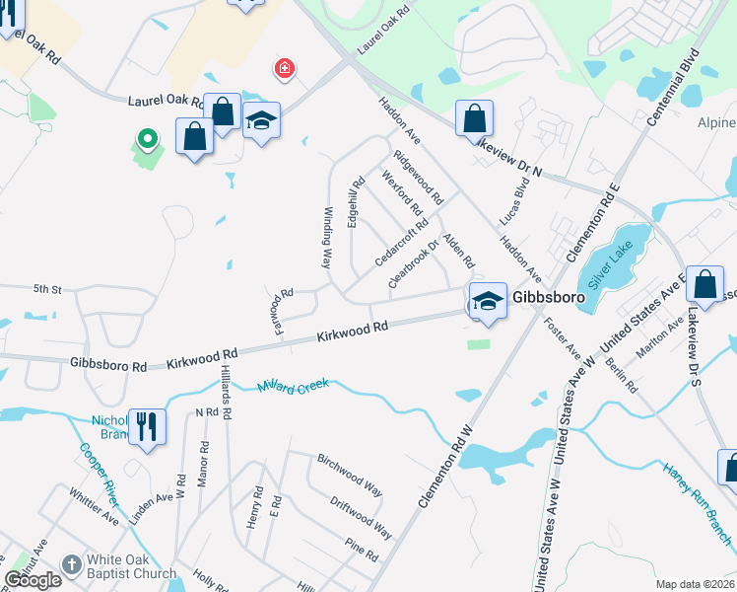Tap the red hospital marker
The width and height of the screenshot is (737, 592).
click(284, 68)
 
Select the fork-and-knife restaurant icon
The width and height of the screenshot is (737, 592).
click(147, 426)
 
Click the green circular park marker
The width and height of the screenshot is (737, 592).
click(147, 139)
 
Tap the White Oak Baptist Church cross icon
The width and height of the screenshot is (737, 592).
click(70, 563)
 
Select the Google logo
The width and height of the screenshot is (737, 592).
click(33, 580)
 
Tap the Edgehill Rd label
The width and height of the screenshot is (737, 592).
click(353, 202)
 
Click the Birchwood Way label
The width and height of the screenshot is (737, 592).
click(349, 475)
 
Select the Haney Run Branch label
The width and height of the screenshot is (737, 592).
click(697, 504)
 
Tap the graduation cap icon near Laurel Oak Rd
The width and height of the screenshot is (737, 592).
click(261, 121)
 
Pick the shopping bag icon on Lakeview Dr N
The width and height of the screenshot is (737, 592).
click(474, 118)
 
